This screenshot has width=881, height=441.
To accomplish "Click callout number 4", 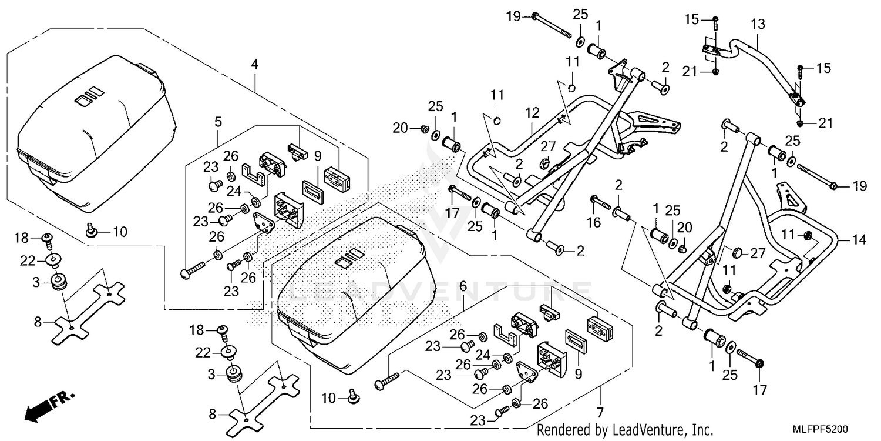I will pos(255,64).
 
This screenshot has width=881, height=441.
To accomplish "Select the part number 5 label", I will pos(218,122).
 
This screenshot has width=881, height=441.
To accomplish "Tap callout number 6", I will pos(463,286).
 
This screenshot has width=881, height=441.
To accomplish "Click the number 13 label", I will pos(758,25).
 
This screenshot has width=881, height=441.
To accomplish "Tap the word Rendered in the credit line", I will pos(562,430).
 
